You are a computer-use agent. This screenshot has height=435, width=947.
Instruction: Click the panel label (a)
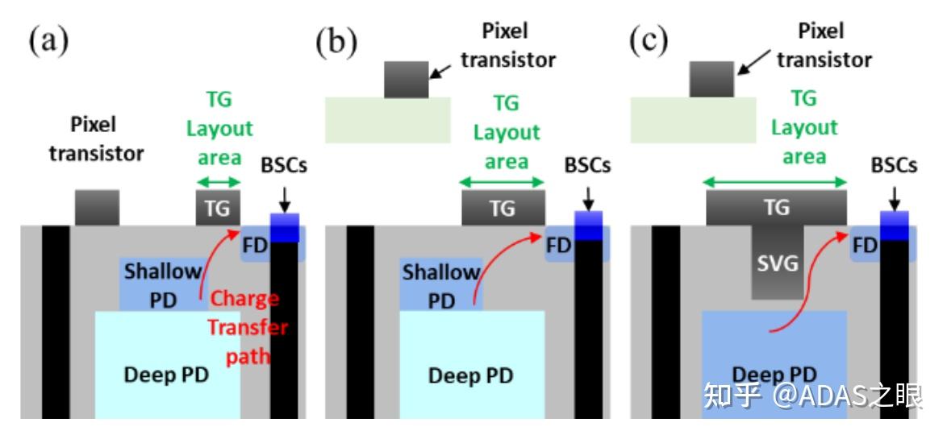(49, 42)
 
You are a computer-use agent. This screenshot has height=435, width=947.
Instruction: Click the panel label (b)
(337, 42)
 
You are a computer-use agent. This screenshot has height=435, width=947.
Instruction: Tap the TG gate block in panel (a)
(218, 208)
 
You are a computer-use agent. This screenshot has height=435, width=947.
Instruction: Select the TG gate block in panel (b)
(503, 208)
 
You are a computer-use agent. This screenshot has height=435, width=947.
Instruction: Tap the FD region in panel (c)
(864, 244)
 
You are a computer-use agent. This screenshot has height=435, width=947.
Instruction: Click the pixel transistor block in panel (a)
(97, 208)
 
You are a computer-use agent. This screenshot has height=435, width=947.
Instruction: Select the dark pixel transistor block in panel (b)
(407, 79)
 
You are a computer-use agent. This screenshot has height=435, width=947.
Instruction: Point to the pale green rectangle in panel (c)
(692, 120)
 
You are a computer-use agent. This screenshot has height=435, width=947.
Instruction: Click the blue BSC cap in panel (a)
(285, 227)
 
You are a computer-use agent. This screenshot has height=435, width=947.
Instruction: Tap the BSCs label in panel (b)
(589, 164)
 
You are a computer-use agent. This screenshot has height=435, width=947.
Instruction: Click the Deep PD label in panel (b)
(471, 376)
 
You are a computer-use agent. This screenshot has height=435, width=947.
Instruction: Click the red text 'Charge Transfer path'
(246, 328)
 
